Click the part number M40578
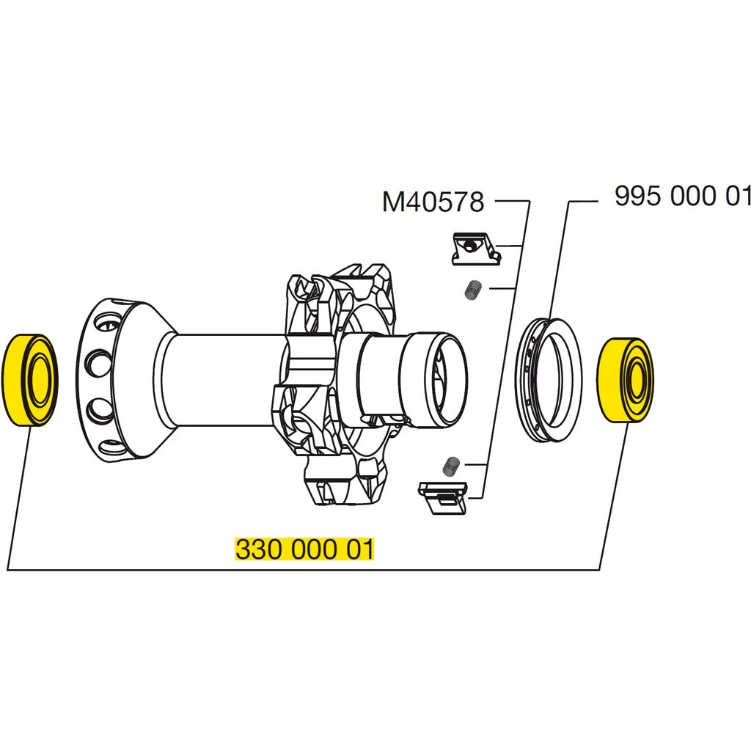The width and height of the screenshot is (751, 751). [433, 201]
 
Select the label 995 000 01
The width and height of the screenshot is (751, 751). [682, 197]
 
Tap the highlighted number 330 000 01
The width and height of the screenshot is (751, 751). [304, 549]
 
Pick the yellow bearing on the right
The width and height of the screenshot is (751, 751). [620, 380]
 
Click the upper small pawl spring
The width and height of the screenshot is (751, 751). [473, 290]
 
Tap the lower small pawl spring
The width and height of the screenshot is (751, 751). [453, 465]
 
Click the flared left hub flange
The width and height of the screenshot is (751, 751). [121, 381]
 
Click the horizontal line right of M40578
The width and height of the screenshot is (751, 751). [511, 200]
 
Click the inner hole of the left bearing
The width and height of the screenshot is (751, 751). [41, 380]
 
